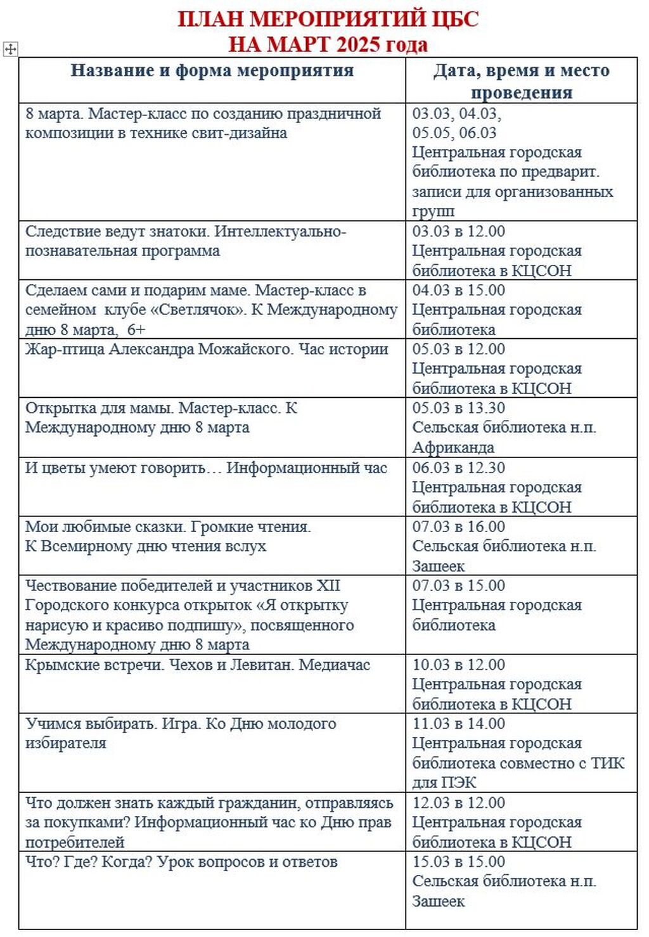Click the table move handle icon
coord(10,49)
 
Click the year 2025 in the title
coord(358,45)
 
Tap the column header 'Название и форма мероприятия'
coord(212,70)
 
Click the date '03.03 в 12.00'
coord(458,231)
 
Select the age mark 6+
coord(136,329)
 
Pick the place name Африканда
coord(453,447)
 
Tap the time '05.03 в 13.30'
coord(458,408)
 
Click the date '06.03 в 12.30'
coord(458,468)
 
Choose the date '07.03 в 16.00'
coord(458,526)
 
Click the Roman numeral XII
coord(328,585)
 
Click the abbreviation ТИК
coord(608,763)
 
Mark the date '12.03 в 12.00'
coord(458,803)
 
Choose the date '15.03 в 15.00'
coord(458,862)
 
